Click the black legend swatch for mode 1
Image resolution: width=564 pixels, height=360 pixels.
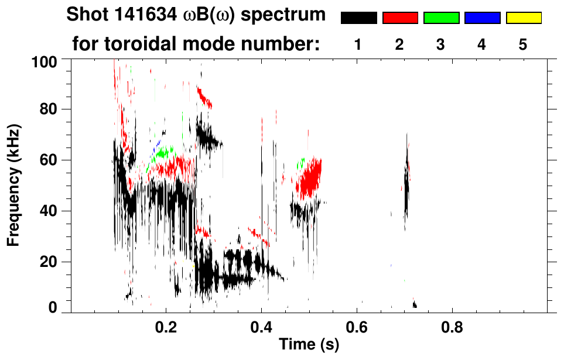click(358, 18)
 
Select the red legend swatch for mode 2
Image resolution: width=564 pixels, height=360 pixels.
click(400, 18)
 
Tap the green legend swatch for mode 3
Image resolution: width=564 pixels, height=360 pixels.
click(441, 18)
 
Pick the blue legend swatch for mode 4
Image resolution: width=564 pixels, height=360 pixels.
click(482, 18)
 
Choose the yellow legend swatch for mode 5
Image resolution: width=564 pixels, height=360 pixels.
click(524, 18)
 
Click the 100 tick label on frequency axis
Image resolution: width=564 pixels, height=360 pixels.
click(45, 60)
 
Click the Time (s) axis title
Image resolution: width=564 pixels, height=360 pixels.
click(309, 345)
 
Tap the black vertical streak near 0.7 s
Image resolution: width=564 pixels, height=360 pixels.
click(406, 187)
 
